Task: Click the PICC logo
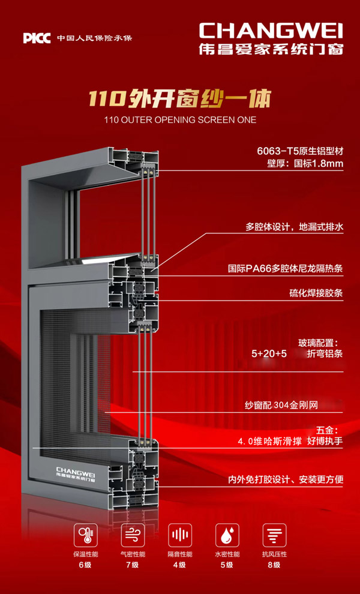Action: [x=37, y=38]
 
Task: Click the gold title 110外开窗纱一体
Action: [x=180, y=97]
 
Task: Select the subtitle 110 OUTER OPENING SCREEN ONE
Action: [x=180, y=120]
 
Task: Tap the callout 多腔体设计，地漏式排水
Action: [x=294, y=227]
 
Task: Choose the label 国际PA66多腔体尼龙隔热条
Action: [x=286, y=269]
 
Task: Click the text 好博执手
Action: [x=325, y=442]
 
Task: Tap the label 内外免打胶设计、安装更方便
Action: [x=285, y=480]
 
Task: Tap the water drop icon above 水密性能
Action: [x=226, y=534]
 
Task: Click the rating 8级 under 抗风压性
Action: [x=274, y=565]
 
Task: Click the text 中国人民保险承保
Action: [x=94, y=38]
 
